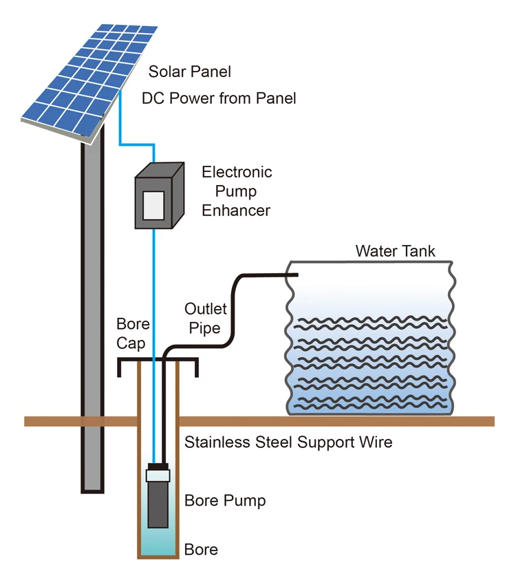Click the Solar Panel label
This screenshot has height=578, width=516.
click(190, 72)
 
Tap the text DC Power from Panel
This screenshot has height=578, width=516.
click(219, 98)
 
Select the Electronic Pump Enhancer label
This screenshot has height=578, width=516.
click(237, 191)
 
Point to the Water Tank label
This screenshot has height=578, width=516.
click(395, 250)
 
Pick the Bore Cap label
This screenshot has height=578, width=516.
click(133, 332)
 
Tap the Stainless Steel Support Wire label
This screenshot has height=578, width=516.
click(288, 442)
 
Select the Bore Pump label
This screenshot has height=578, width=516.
click(225, 500)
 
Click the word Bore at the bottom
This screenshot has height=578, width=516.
click(201, 550)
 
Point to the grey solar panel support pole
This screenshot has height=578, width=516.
click(92, 310)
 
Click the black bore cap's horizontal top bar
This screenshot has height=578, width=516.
click(158, 361)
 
